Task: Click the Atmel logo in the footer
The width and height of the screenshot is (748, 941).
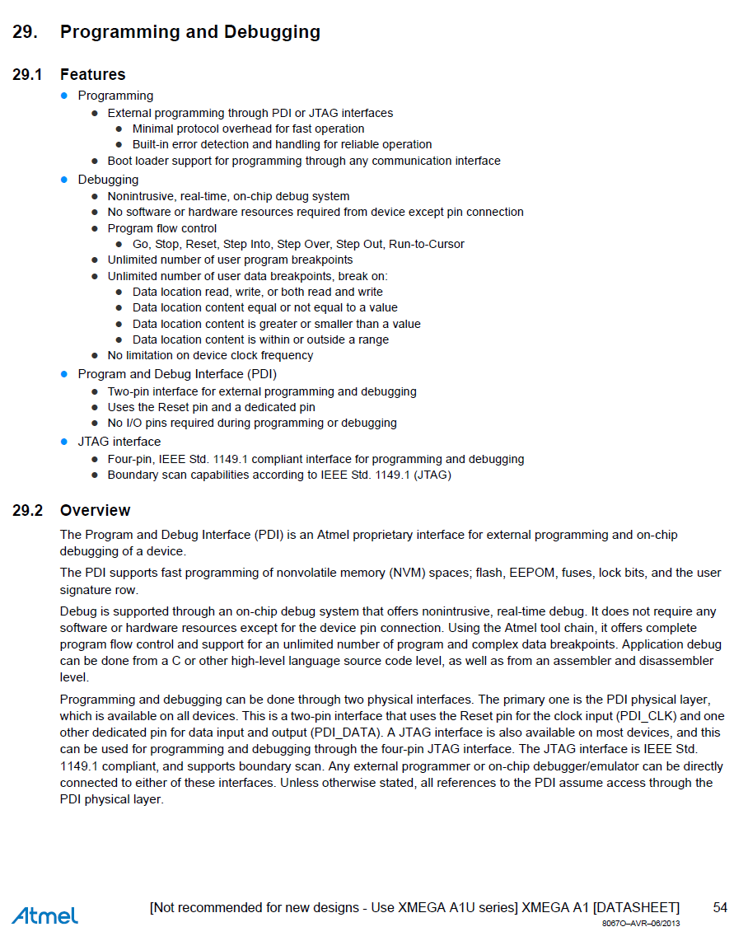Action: click(x=44, y=915)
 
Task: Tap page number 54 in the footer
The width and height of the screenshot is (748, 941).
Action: click(x=720, y=907)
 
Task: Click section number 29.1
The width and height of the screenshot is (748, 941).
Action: click(x=28, y=75)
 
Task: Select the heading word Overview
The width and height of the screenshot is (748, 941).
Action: click(x=95, y=511)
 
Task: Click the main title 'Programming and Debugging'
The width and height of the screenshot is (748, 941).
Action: click(x=189, y=32)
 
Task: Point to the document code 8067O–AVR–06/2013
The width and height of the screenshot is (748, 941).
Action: click(x=641, y=923)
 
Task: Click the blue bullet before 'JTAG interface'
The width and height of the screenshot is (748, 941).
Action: click(x=64, y=442)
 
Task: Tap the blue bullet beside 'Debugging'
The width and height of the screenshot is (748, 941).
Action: click(x=64, y=180)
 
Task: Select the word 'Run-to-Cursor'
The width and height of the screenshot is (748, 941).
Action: click(x=426, y=244)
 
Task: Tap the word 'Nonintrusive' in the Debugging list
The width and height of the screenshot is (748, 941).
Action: click(x=141, y=196)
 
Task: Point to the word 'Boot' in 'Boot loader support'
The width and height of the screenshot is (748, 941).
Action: click(x=121, y=161)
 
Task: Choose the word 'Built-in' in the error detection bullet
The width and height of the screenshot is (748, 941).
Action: click(x=152, y=144)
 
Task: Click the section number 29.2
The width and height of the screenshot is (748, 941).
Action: click(x=28, y=511)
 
